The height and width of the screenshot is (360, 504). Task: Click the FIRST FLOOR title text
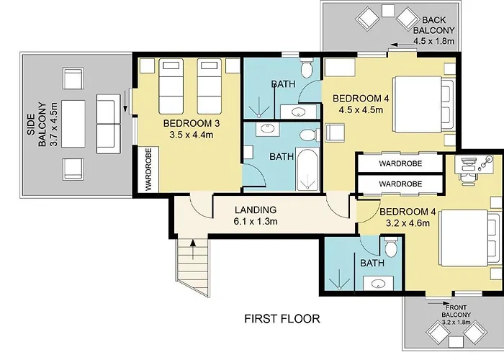pos(282,319)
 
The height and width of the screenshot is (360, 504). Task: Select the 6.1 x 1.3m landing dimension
pos(256,222)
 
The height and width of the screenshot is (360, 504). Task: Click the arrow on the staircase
pos(193,249)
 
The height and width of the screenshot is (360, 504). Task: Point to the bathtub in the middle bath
pos(307,169)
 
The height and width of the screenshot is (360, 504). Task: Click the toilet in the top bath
pos(306,68)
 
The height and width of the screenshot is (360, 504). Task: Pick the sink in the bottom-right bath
pos(378,283)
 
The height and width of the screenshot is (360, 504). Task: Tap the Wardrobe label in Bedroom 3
pos(148,169)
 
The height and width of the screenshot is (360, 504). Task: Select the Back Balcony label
pos(433,25)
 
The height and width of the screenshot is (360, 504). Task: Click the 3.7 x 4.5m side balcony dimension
pos(54,125)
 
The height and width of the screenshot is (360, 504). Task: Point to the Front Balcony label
pos(456,311)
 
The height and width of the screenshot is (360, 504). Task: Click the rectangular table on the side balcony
pos(73,124)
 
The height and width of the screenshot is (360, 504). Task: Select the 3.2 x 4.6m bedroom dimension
pos(408,223)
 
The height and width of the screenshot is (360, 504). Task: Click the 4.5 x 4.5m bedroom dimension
pos(361,110)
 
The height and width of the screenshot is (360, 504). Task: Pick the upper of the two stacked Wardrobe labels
pos(400,163)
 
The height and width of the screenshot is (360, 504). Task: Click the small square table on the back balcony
pos(388,11)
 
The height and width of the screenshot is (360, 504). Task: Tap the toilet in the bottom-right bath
pos(391,247)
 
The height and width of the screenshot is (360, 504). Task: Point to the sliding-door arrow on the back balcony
pos(403,45)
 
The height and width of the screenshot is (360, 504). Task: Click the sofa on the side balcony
pos(108,124)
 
